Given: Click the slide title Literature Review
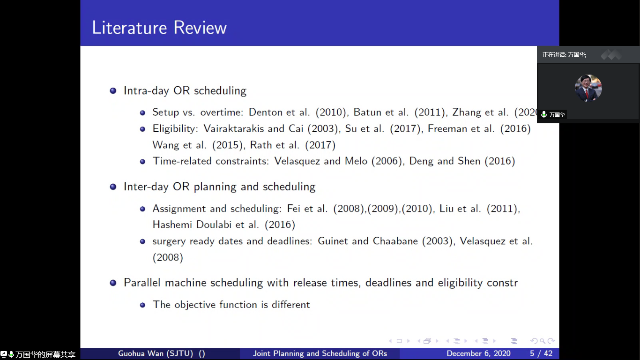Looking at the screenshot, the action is (159, 28).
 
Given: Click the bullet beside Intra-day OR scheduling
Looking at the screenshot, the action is (113, 91).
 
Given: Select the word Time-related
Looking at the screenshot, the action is (182, 161).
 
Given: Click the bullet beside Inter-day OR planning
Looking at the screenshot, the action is (113, 187).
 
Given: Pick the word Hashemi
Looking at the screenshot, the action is (172, 225).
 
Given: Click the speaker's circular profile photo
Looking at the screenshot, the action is (588, 88).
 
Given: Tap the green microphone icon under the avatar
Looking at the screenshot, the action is (543, 115).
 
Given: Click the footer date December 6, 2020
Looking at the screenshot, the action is (478, 354).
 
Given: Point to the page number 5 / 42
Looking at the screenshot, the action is (541, 354).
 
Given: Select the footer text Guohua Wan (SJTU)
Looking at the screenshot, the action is (156, 354).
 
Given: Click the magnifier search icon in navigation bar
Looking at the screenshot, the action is (543, 341).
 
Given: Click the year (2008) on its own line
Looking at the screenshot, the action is (168, 257).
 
